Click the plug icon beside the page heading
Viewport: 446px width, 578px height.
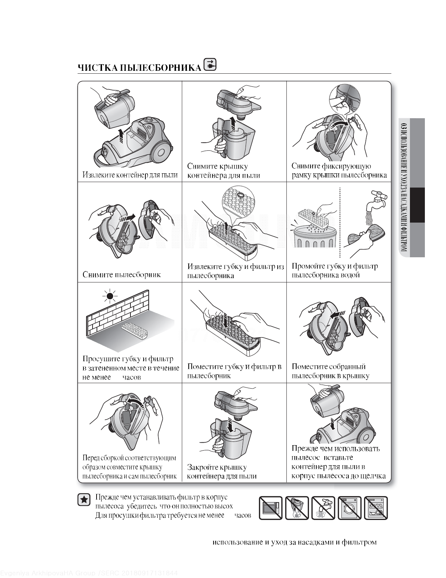coord(210,65)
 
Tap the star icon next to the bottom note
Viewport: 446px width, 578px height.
coord(84,500)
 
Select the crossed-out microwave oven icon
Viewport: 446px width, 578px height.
coord(271,508)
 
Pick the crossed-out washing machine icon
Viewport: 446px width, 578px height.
coord(350,508)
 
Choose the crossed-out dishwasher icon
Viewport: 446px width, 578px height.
coord(376,508)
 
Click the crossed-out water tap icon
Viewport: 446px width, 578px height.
coord(323,508)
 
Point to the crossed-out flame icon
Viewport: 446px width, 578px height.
coord(297,508)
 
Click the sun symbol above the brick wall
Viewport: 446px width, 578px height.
coord(110,296)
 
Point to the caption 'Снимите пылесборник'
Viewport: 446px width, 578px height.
coord(121,275)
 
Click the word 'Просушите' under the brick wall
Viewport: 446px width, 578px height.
coord(101,359)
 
